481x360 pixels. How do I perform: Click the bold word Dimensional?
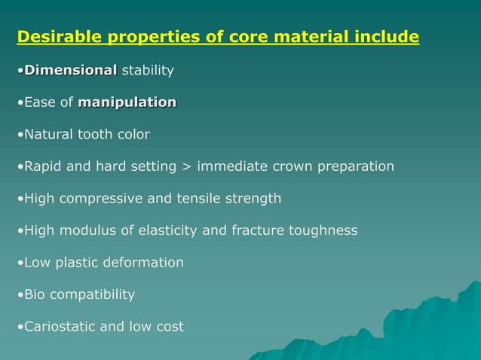(x=71, y=71)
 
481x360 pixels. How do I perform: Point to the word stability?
(x=148, y=71)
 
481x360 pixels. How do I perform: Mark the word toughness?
(x=323, y=230)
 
